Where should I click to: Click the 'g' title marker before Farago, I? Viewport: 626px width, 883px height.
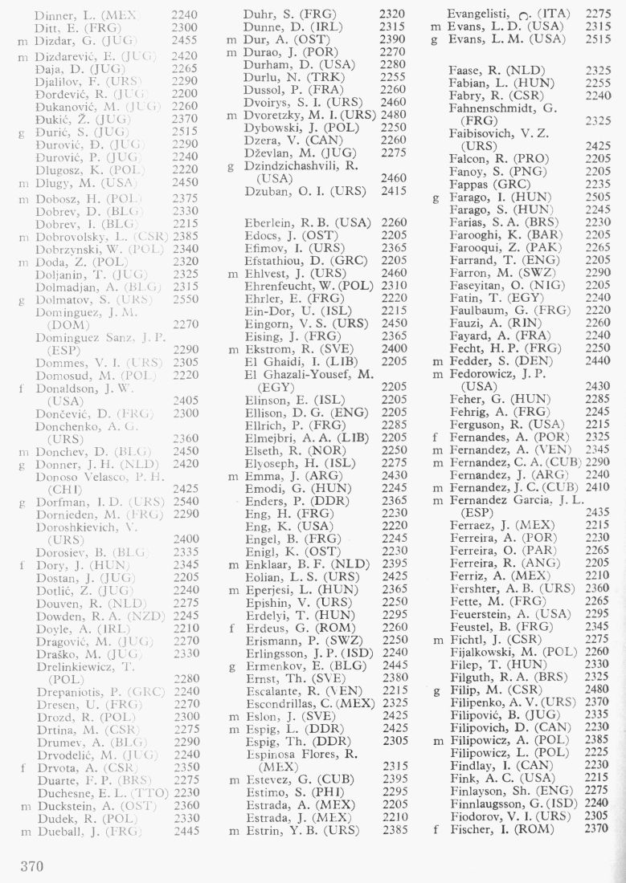click(435, 197)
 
